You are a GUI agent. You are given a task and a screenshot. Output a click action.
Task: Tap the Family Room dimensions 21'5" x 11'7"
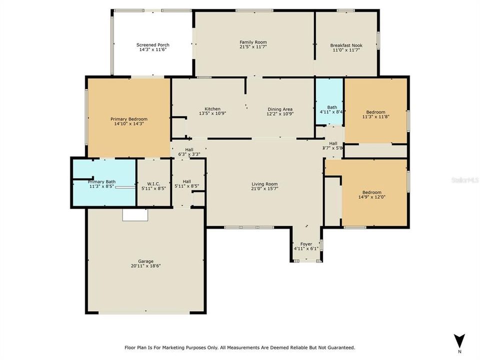(x=253, y=47)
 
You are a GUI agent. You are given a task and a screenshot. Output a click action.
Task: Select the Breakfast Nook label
(x=346, y=45)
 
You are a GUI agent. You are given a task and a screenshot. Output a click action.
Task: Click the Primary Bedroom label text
(x=129, y=119)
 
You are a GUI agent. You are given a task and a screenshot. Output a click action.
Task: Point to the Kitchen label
(x=212, y=109)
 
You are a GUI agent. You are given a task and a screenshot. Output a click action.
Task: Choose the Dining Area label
(x=280, y=109)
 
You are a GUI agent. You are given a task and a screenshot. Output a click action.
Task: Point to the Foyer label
(x=306, y=244)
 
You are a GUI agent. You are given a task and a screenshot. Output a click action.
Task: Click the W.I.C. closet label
(x=153, y=182)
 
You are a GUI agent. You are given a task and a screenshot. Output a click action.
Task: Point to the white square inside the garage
(x=135, y=214)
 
